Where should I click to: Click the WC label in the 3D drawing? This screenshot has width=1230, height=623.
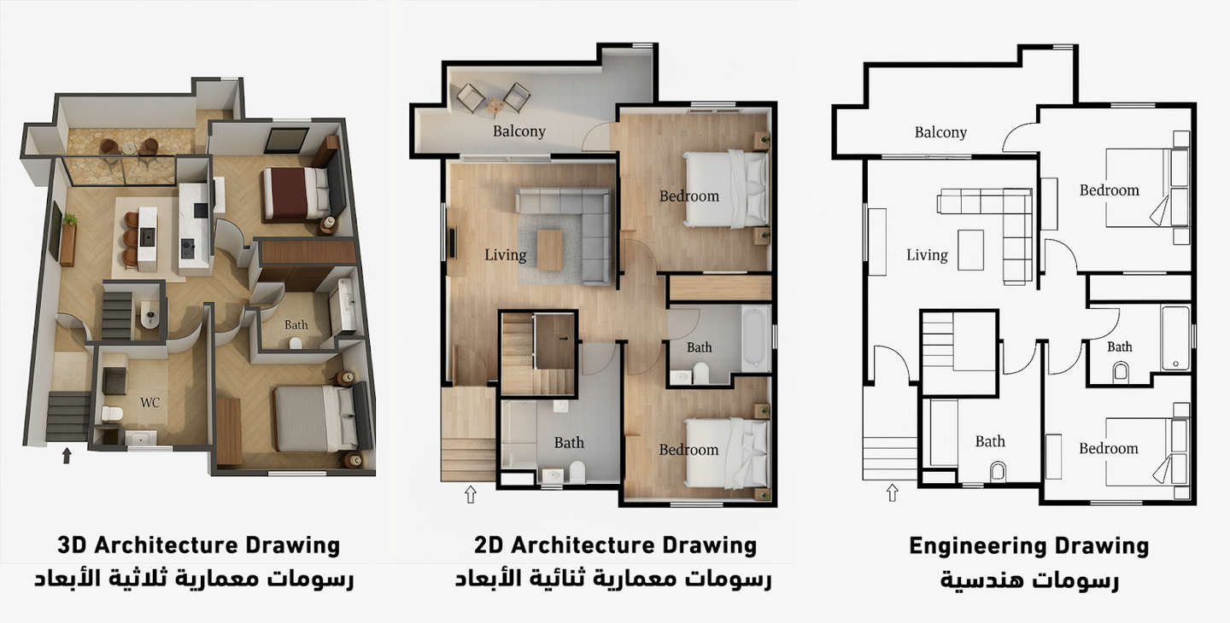click(149, 403)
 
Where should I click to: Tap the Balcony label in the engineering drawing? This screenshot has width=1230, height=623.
click(940, 133)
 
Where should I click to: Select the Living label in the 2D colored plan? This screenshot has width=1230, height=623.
click(505, 255)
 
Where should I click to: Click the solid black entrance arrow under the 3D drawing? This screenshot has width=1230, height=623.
click(67, 455)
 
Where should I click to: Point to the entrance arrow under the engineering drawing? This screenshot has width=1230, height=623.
click(893, 493)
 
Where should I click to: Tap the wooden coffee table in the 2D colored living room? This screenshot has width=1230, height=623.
click(550, 250)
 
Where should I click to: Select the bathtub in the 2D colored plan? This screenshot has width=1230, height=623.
click(756, 339)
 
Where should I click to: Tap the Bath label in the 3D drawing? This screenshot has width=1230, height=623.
click(296, 325)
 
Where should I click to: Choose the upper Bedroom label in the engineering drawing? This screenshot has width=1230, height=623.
click(1110, 191)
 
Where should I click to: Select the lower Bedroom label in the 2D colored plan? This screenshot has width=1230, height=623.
click(688, 451)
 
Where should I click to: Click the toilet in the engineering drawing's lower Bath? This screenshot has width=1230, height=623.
click(999, 472)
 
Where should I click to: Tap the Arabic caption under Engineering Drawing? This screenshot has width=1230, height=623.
click(1029, 580)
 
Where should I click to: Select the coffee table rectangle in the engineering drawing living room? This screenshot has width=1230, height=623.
click(971, 250)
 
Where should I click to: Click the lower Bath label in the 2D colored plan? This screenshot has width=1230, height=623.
click(569, 443)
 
